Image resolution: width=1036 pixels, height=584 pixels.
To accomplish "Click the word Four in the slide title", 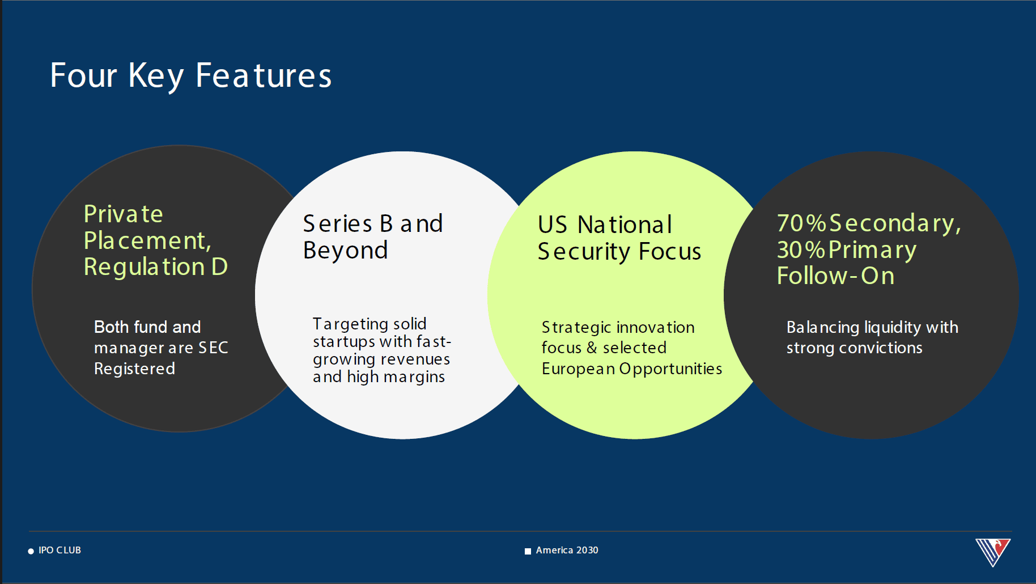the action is [83, 75].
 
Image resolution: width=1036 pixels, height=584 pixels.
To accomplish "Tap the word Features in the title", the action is [264, 75].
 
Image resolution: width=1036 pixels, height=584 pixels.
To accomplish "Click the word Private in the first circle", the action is [124, 214].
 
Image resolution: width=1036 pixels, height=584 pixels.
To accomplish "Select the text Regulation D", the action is [156, 267].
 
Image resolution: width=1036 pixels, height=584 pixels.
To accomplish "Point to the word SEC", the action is [213, 348].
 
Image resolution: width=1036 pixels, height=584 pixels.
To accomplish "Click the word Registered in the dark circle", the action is [134, 369].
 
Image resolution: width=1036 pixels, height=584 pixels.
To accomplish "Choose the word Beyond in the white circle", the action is [346, 251].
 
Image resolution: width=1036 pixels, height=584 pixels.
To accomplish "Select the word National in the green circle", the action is [625, 225].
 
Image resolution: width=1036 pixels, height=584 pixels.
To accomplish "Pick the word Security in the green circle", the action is [584, 252].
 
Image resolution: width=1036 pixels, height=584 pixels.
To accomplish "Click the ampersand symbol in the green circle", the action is [592, 348].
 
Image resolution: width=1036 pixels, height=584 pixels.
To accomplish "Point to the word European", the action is [578, 369].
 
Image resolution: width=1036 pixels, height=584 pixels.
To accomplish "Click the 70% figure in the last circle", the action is [801, 223].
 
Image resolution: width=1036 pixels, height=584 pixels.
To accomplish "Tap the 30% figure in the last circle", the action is [801, 250].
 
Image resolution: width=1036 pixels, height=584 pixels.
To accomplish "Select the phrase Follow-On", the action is [835, 276].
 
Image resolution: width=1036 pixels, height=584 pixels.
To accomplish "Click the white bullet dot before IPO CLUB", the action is [31, 551].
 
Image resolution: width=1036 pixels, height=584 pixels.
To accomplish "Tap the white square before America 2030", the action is [528, 551].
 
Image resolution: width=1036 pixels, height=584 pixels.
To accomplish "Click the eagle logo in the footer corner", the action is [993, 552].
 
